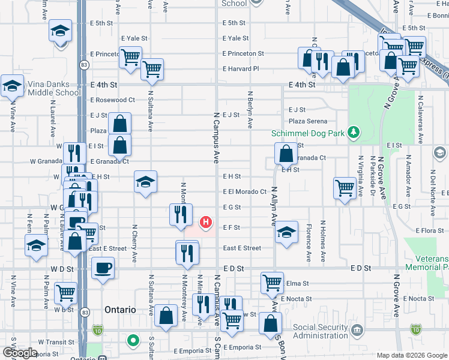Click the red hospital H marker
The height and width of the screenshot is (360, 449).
click(206, 223)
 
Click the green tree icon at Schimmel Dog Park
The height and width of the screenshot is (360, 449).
click(354, 132)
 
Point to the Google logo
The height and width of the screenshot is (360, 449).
click(20, 353)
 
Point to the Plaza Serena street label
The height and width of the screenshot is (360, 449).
click(308, 121)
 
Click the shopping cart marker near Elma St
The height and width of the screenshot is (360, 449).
click(272, 282)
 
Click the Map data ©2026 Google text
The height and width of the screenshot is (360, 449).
click(411, 355)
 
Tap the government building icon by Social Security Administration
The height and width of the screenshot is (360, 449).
click(357, 329)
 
